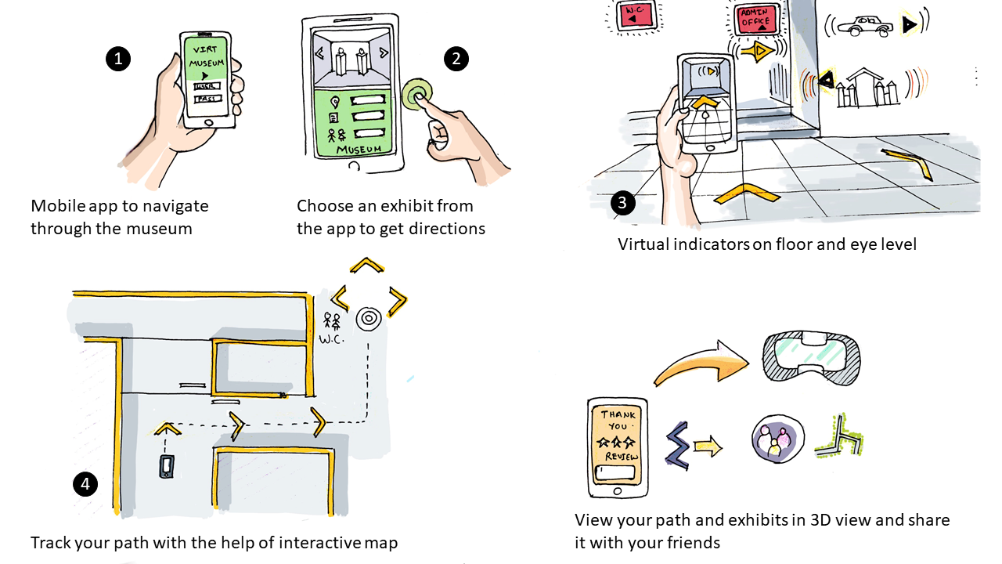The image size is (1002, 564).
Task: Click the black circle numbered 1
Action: tap(117, 59)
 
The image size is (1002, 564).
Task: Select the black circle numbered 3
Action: tap(622, 203)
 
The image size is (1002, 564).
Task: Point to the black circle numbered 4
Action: tap(85, 484)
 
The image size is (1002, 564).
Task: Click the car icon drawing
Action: tap(864, 26)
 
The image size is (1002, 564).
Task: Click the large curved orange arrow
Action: tap(700, 364)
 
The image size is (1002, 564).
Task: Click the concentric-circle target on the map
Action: tap(368, 318)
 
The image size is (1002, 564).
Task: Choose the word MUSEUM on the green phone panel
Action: tap(359, 149)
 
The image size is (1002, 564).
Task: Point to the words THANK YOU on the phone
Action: tap(618, 420)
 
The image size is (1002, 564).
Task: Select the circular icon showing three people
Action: tap(777, 439)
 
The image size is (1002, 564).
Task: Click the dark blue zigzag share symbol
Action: tap(677, 446)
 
